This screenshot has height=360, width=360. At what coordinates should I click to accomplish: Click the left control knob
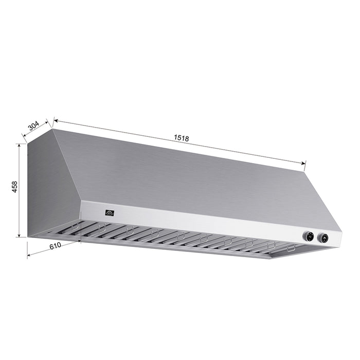(309, 237)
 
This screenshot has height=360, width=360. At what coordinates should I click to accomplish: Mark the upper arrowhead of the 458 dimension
(20, 146)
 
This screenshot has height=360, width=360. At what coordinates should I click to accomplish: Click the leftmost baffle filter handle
(75, 226)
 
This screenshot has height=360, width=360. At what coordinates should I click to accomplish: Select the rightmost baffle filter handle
(291, 248)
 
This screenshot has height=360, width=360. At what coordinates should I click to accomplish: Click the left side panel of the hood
(51, 190)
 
